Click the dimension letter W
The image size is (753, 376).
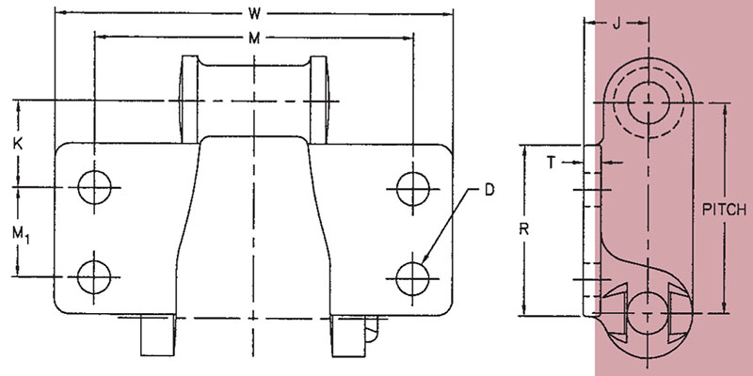click(x=254, y=14)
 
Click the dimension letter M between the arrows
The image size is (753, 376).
click(x=254, y=39)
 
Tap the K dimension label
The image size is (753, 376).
click(x=18, y=144)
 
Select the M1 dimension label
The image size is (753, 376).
click(x=20, y=234)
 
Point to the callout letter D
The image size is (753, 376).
click(x=489, y=190)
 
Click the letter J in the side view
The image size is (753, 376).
click(x=617, y=24)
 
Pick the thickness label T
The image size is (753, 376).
click(x=552, y=163)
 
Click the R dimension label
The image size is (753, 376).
click(x=524, y=229)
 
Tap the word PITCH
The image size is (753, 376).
click(x=724, y=210)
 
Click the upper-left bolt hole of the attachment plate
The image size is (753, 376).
click(x=94, y=186)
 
